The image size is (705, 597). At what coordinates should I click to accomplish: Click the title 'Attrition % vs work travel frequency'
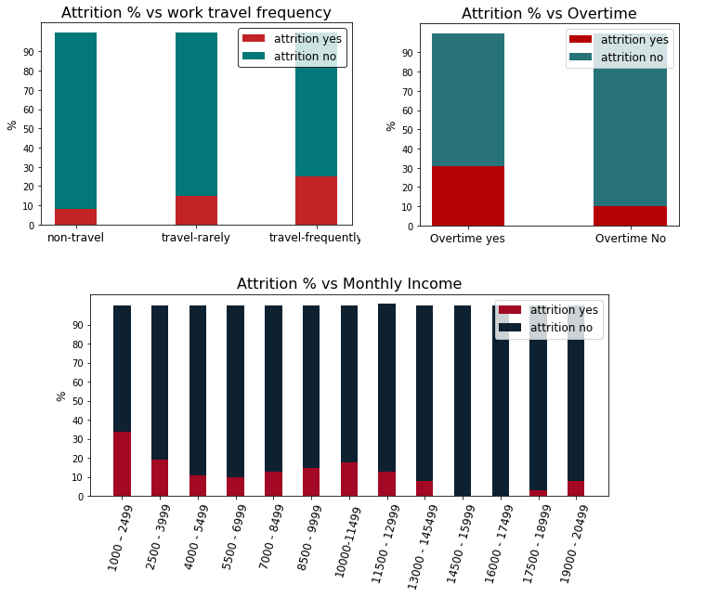[195, 13]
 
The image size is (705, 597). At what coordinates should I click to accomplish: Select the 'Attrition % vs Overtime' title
[549, 13]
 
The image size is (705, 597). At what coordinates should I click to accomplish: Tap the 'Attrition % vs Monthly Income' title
[348, 284]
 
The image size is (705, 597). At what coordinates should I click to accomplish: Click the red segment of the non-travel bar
[75, 217]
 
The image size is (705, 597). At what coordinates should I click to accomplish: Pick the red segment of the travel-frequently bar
[316, 201]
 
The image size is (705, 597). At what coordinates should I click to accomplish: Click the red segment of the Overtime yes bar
[468, 196]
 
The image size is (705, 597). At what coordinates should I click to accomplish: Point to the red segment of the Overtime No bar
[630, 215]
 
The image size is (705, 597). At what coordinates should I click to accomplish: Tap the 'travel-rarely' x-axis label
[196, 238]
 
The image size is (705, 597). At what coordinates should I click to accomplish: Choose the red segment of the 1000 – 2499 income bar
[122, 464]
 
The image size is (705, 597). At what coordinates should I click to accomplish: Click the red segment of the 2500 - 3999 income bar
[160, 478]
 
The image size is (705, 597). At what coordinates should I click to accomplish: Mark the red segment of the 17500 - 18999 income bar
[539, 493]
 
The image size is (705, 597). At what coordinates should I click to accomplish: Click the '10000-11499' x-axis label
[346, 543]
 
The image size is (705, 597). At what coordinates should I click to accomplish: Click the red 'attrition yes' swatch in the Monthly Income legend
[510, 309]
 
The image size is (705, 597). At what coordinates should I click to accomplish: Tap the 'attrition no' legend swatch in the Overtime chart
[581, 58]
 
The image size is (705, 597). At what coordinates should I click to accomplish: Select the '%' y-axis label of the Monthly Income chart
[61, 396]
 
